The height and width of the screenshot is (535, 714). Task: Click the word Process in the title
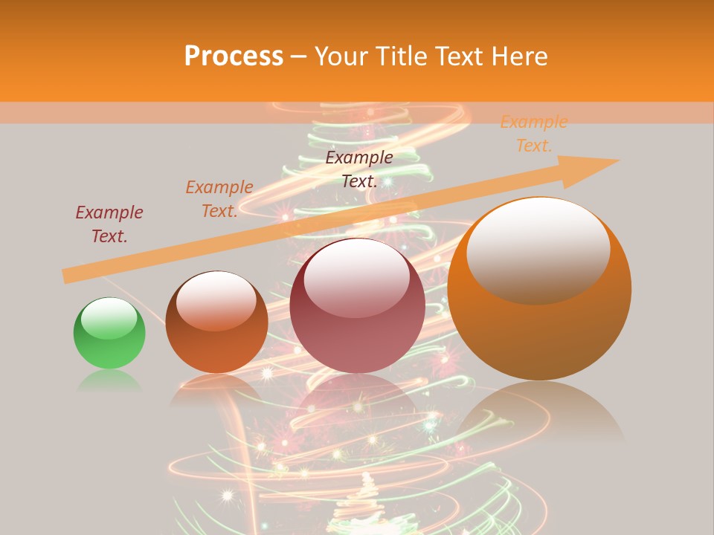[234, 56]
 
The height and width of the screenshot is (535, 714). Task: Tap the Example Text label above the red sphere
[359, 169]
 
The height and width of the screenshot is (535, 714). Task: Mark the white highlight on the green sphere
[109, 318]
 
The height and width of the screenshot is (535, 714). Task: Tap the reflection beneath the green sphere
[109, 383]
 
